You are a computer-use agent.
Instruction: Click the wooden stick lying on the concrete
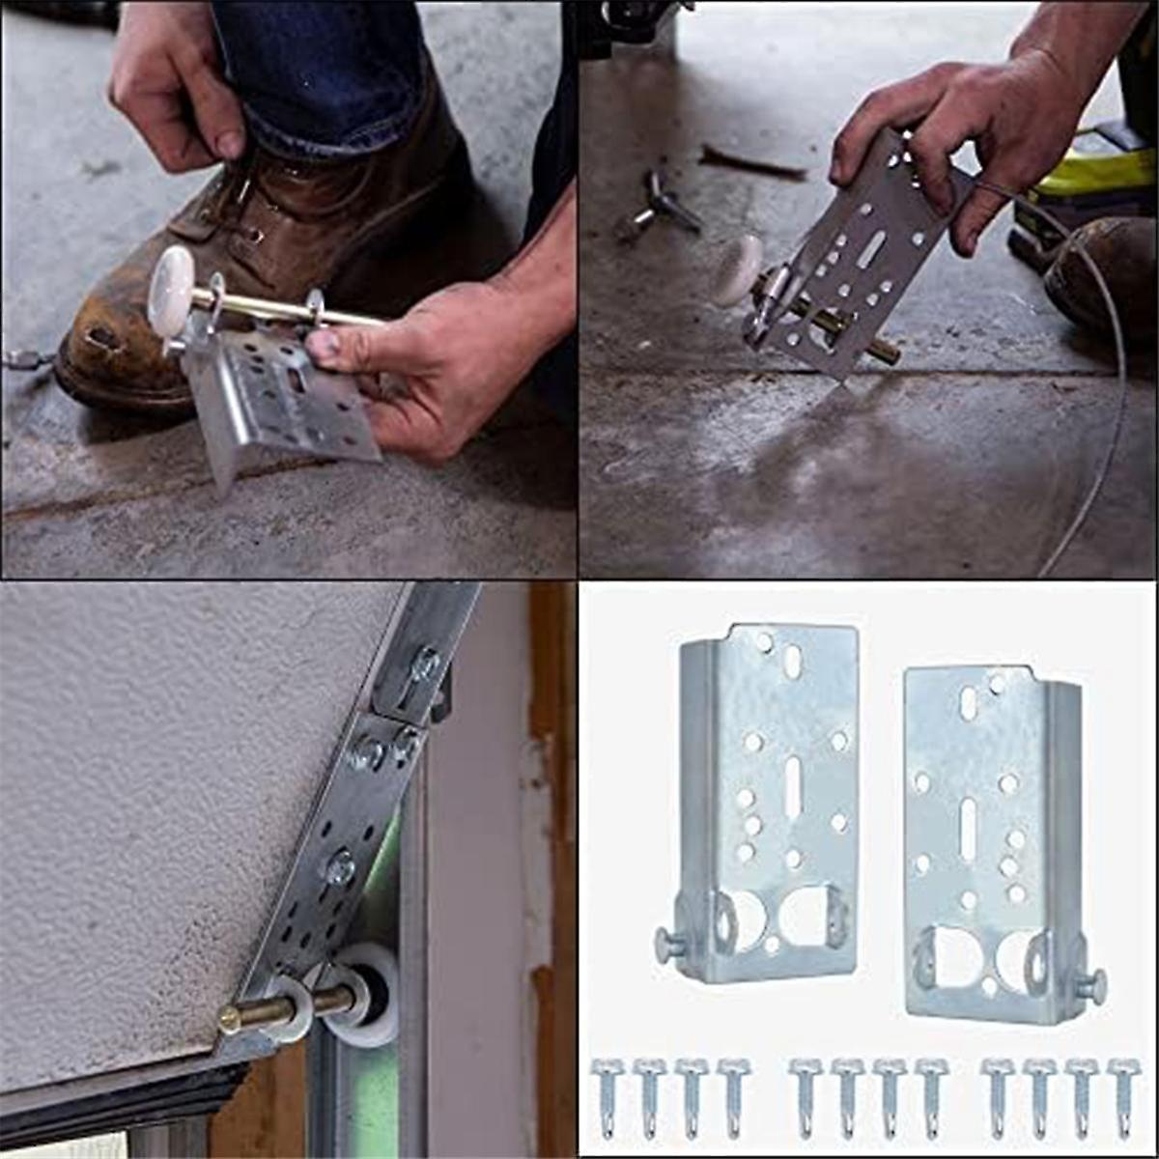(752, 161)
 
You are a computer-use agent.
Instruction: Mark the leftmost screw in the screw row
(606, 1096)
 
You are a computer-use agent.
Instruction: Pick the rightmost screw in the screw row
(1123, 1096)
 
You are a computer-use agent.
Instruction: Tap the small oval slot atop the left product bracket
(792, 661)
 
